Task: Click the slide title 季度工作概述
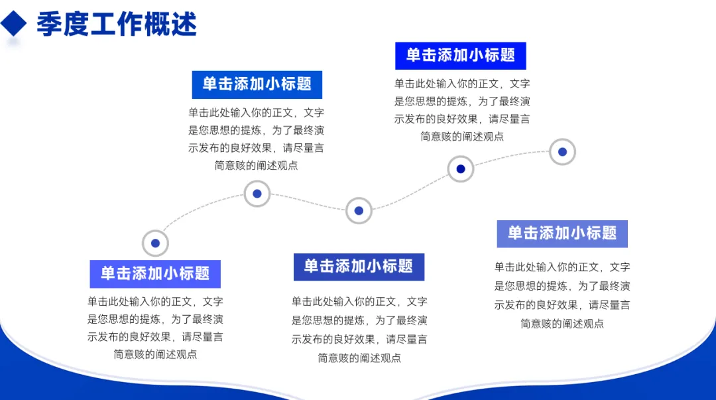point(117,25)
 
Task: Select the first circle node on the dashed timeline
point(155,243)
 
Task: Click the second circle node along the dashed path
point(257,194)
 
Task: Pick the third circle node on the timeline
point(359,211)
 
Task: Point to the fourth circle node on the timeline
point(461,168)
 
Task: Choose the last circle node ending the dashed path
point(562,152)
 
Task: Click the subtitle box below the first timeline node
point(155,273)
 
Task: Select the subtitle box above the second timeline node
point(257,84)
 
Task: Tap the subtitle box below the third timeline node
point(359,267)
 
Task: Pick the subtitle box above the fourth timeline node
point(461,56)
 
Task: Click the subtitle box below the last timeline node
point(562,233)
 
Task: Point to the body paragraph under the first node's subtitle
point(155,328)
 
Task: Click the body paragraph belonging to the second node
point(257,139)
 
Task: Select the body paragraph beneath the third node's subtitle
point(359,330)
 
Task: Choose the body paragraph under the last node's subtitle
point(562,295)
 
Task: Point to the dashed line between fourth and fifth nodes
point(510,157)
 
